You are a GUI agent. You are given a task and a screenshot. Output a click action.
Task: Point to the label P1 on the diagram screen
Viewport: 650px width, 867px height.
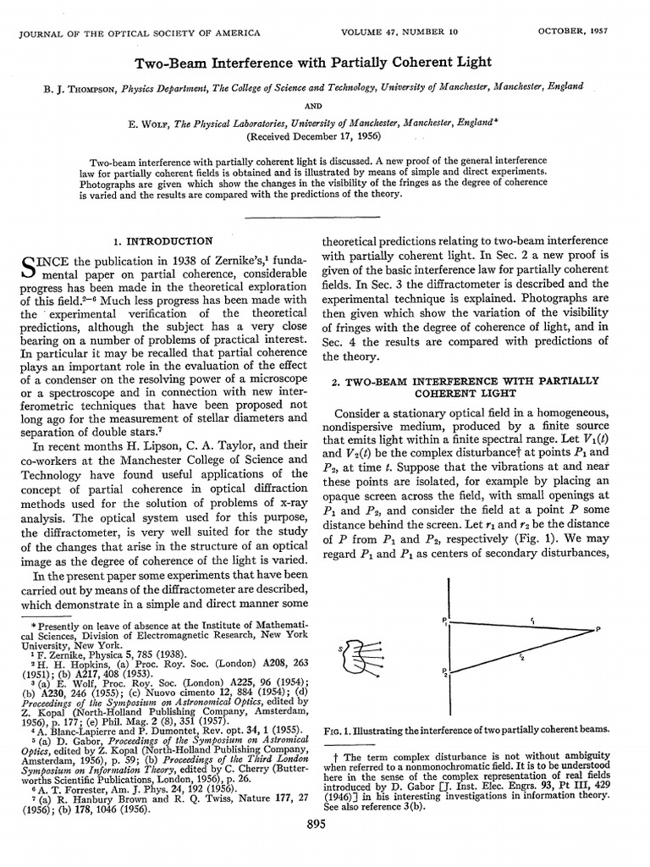point(443,621)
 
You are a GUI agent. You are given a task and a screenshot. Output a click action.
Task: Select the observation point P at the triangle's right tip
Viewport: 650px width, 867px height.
point(598,629)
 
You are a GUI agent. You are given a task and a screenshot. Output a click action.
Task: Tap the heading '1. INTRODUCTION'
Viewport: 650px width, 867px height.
point(164,242)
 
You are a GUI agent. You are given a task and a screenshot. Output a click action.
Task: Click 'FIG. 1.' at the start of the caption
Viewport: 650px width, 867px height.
point(342,730)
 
